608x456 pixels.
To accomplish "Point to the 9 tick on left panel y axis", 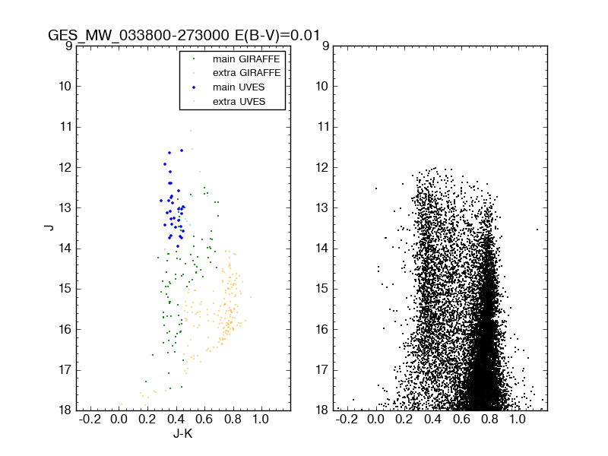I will click(x=68, y=46).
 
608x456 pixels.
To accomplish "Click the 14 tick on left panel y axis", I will click(x=65, y=249).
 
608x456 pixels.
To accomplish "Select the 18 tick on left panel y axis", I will click(x=65, y=410).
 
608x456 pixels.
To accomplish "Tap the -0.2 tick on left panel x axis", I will click(x=90, y=420).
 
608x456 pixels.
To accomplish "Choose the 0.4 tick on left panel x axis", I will click(x=176, y=420).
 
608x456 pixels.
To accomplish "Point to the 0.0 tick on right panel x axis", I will click(x=375, y=420).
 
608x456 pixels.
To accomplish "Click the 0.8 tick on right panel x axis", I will click(x=489, y=420).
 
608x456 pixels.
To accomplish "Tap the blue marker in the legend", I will click(x=193, y=87).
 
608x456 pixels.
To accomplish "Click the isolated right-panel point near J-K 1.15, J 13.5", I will click(x=537, y=229).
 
